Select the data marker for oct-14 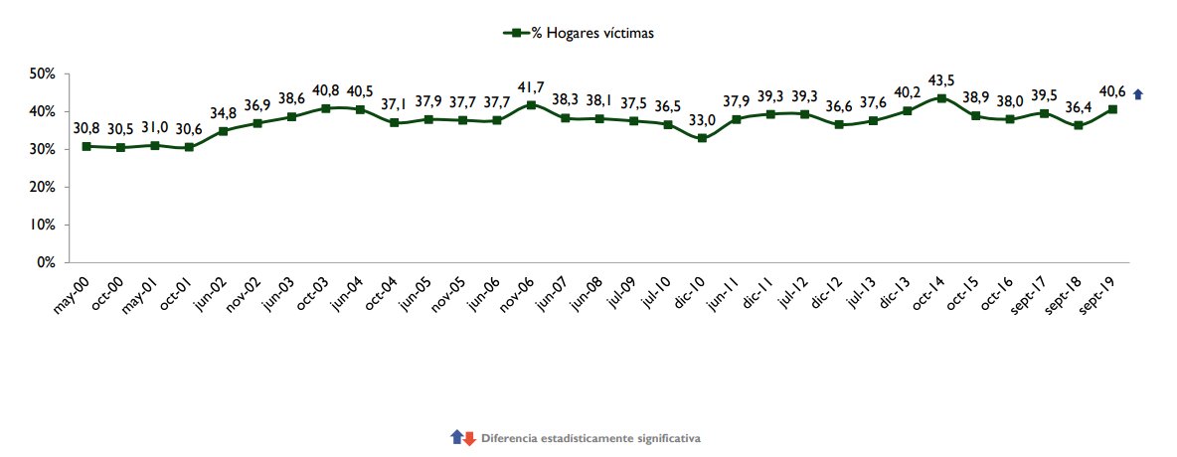pyautogui.click(x=941, y=98)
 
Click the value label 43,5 pyautogui.click(x=941, y=78)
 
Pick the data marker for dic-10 pyautogui.click(x=703, y=138)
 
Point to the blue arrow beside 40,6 pyautogui.click(x=1138, y=94)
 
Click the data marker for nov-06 pyautogui.click(x=532, y=105)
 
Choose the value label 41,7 pyautogui.click(x=532, y=85)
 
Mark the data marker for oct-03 pyautogui.click(x=326, y=108)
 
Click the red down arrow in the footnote pyautogui.click(x=469, y=437)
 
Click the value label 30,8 pyautogui.click(x=87, y=127)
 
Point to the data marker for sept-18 pyautogui.click(x=1079, y=125)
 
